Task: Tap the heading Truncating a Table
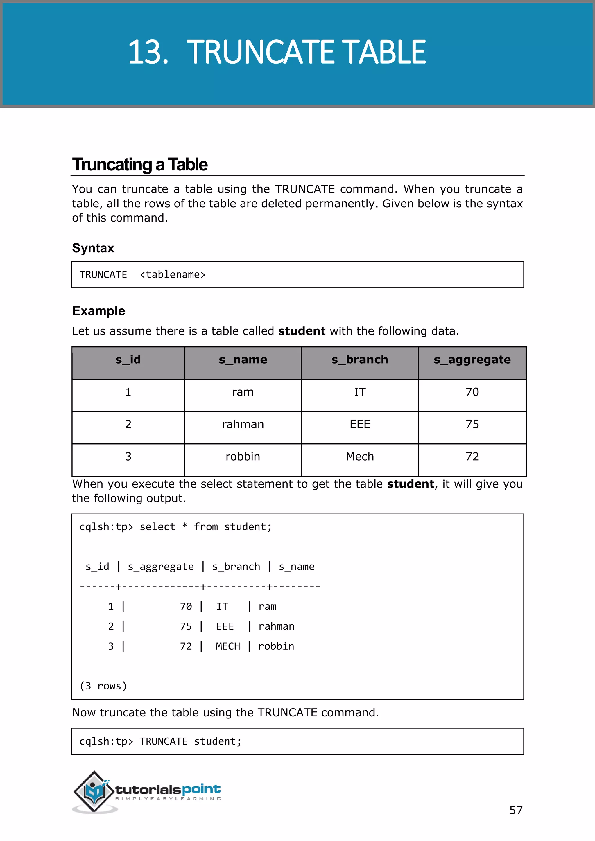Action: pyautogui.click(x=139, y=164)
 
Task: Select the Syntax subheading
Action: pyautogui.click(x=93, y=248)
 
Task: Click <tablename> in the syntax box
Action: pyautogui.click(x=173, y=275)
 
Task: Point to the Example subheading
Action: pyautogui.click(x=98, y=311)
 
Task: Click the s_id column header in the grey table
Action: pyautogui.click(x=128, y=360)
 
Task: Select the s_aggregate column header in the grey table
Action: pyautogui.click(x=472, y=360)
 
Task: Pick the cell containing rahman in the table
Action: pyautogui.click(x=243, y=424)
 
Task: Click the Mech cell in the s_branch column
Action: pyautogui.click(x=359, y=457)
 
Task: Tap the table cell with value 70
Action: pyautogui.click(x=472, y=392)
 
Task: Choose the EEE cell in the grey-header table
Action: pyautogui.click(x=359, y=424)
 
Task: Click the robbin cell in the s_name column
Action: pyautogui.click(x=243, y=457)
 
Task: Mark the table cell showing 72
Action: pyautogui.click(x=472, y=457)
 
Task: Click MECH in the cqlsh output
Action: pyautogui.click(x=227, y=646)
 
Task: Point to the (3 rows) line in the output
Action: pyautogui.click(x=103, y=686)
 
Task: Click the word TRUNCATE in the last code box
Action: pyautogui.click(x=163, y=741)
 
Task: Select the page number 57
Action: pyautogui.click(x=515, y=810)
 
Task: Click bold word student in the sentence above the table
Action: pyautogui.click(x=302, y=331)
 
